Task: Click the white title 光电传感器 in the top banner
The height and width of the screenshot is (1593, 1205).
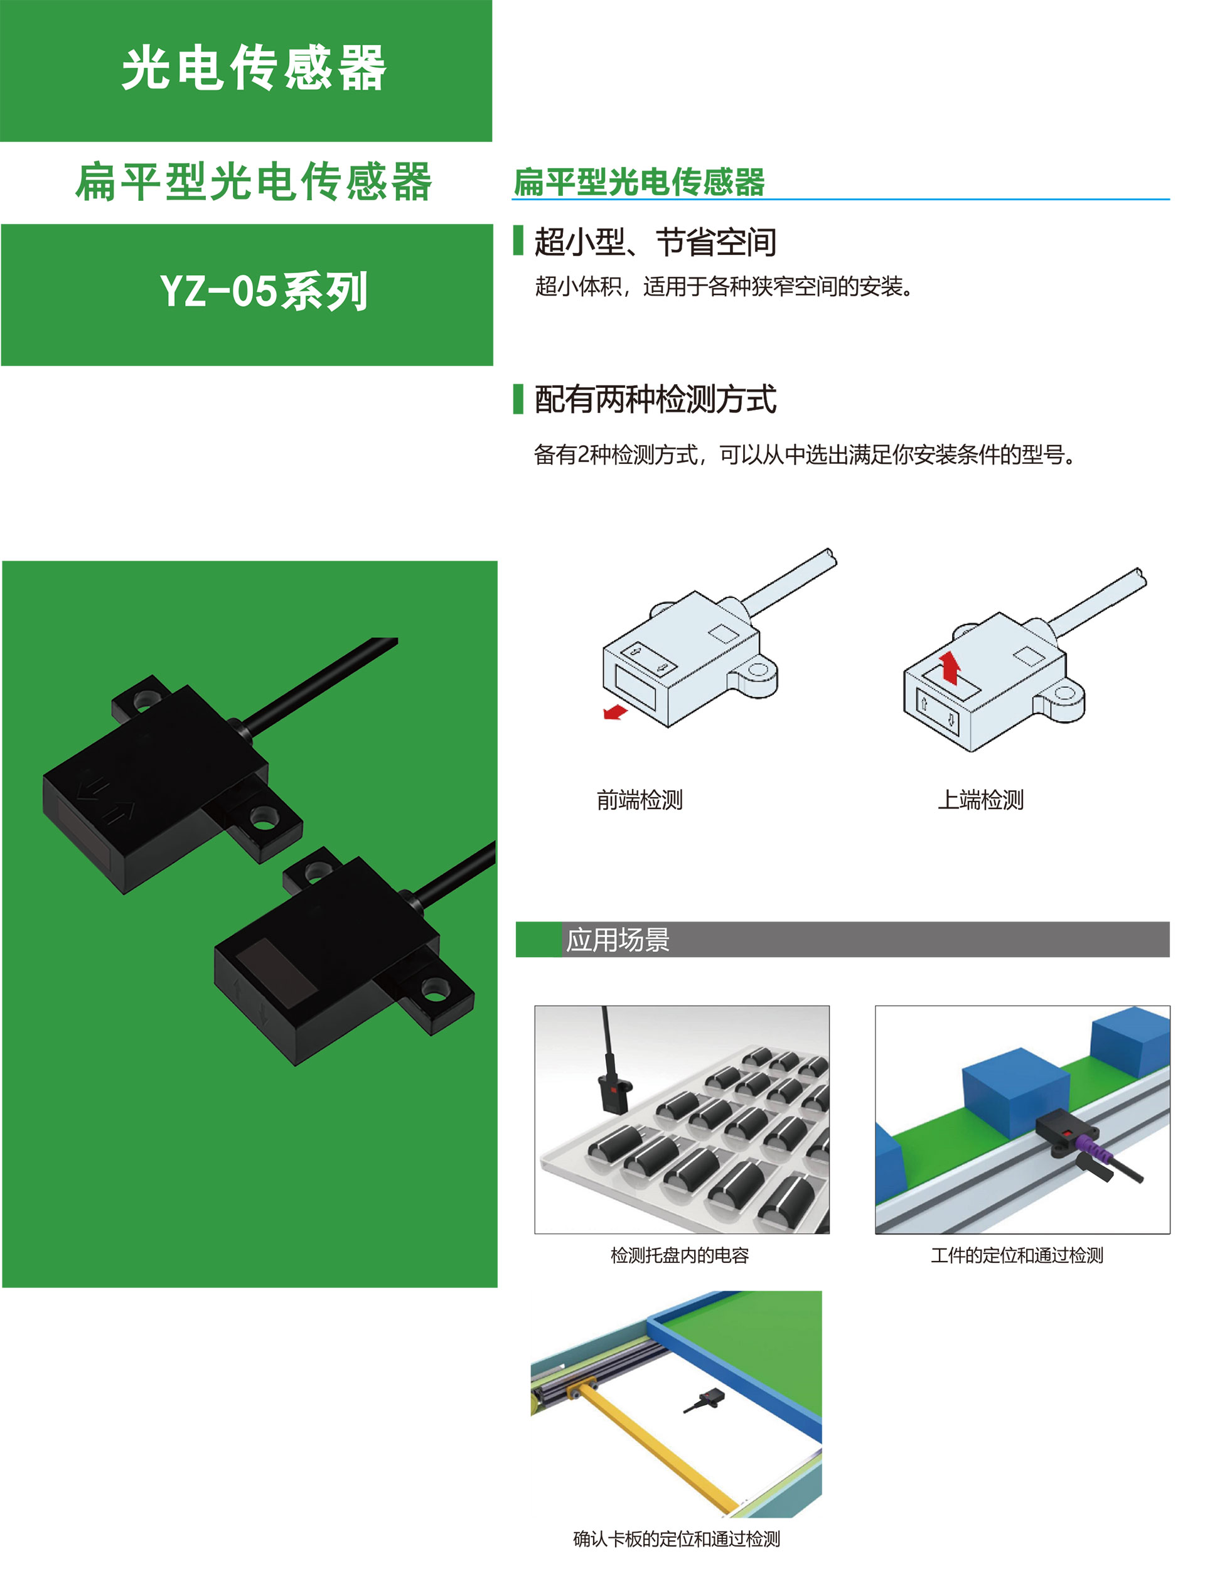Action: [254, 68]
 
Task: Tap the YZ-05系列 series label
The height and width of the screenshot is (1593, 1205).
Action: [264, 292]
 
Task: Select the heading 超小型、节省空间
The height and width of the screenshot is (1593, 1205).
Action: [655, 242]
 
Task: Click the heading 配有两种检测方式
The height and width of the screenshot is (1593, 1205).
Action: [655, 399]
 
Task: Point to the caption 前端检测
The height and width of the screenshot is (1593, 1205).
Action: [639, 800]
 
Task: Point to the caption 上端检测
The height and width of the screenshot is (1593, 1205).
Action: [980, 800]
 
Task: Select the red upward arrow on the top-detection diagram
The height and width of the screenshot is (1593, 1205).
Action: [950, 667]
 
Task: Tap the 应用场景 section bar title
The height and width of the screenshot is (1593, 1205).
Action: [618, 940]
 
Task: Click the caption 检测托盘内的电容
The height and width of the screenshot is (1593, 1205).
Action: [679, 1255]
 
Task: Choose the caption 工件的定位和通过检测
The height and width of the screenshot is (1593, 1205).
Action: [1016, 1255]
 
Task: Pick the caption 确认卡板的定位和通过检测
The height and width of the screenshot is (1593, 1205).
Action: [677, 1539]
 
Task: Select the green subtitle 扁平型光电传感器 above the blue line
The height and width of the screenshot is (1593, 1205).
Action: [639, 181]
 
